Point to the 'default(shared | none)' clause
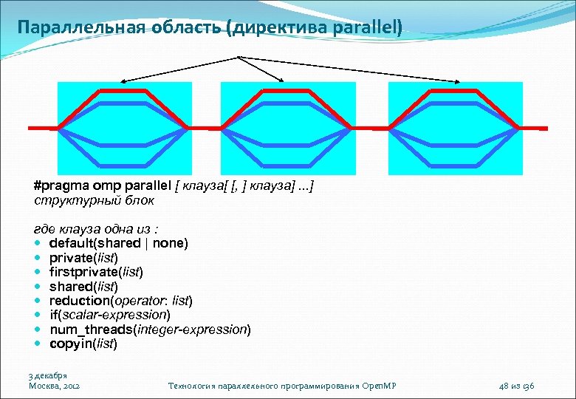(x=118, y=243)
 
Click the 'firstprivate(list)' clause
(x=96, y=272)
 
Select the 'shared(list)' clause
(x=83, y=286)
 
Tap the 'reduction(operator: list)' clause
(x=120, y=301)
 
